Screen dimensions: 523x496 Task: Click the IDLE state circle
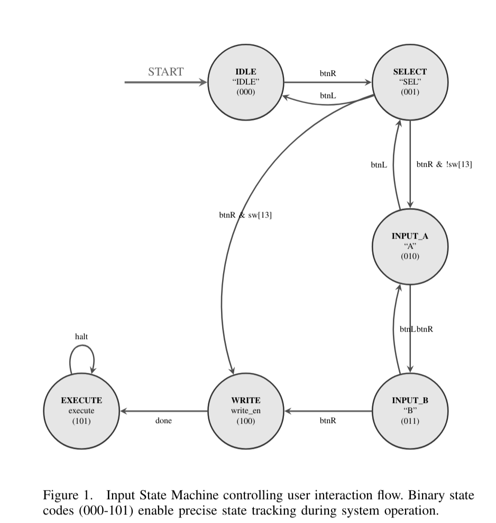point(246,82)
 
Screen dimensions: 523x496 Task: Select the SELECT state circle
point(410,82)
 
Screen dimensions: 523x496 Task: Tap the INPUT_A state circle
point(410,246)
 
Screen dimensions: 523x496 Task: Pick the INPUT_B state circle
point(410,411)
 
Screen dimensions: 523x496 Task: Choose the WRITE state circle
point(246,411)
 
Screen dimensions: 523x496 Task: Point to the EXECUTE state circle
point(82,411)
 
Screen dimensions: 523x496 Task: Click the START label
point(166,72)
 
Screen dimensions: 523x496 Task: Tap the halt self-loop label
point(82,336)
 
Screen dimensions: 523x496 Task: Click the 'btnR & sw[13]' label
point(245,215)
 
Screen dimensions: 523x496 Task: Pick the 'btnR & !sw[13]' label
point(444,164)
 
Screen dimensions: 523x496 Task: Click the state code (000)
point(246,92)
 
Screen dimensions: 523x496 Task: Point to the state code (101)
point(82,421)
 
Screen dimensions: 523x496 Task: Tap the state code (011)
point(410,421)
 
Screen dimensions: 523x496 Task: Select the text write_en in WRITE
point(246,411)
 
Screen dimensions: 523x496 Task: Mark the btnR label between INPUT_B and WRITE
point(328,421)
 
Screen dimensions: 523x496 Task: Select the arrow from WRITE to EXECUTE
point(164,411)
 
